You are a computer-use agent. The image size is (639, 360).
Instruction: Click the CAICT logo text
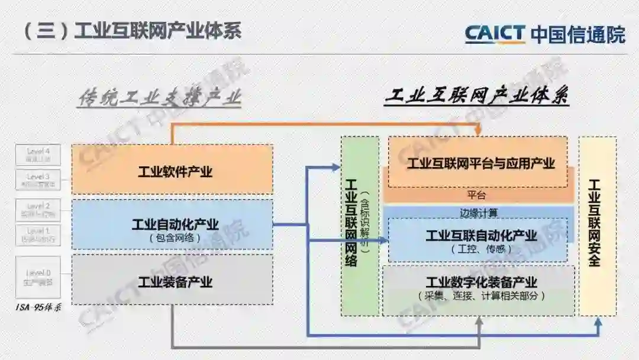(x=495, y=34)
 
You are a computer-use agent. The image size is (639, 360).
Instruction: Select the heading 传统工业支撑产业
(x=160, y=98)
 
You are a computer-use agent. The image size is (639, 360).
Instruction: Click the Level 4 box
(x=38, y=155)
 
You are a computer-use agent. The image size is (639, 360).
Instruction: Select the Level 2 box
(x=38, y=210)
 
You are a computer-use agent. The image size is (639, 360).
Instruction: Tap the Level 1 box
(x=38, y=234)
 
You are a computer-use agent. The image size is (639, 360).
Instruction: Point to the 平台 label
(x=477, y=195)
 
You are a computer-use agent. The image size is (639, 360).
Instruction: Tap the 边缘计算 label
(x=478, y=212)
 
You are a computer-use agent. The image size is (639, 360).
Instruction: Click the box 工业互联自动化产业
(x=478, y=239)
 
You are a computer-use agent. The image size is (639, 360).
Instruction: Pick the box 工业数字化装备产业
(x=478, y=289)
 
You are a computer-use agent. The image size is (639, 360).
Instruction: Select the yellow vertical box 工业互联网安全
(x=596, y=226)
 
